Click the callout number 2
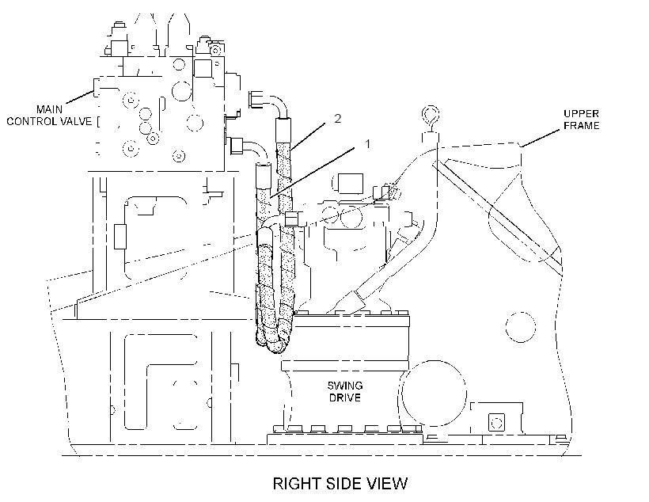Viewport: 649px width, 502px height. (x=338, y=119)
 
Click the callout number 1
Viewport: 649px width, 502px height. (x=367, y=144)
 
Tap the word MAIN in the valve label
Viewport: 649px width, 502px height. (x=49, y=109)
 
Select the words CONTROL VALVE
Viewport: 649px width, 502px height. (x=49, y=121)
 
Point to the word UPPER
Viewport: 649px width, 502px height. (x=581, y=113)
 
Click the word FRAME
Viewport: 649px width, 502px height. (x=582, y=125)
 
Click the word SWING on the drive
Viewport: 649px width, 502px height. (x=345, y=386)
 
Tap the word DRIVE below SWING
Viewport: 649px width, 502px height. (x=345, y=397)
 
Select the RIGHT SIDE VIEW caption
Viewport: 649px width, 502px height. (x=340, y=483)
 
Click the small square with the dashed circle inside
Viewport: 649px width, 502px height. (x=496, y=423)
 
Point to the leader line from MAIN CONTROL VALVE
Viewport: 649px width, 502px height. (x=79, y=97)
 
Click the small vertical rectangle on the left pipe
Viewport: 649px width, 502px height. (x=120, y=237)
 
